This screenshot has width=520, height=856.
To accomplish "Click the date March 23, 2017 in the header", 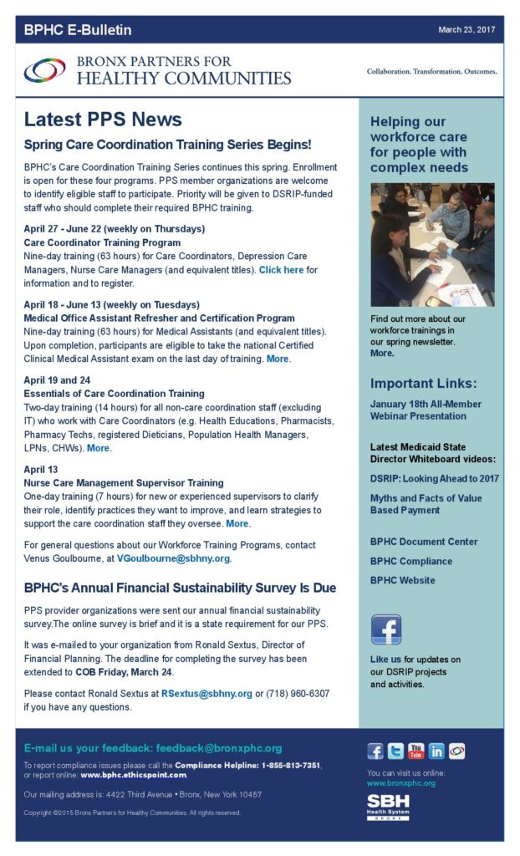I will click(x=466, y=30).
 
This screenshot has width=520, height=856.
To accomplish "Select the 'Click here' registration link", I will click(x=281, y=270).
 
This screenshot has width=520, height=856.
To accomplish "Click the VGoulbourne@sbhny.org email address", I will click(x=173, y=558).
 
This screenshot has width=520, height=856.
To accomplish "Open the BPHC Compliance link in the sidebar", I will click(x=411, y=561).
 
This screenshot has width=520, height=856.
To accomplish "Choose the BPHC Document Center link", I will click(x=424, y=542).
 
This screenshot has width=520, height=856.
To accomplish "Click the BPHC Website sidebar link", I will click(x=402, y=580).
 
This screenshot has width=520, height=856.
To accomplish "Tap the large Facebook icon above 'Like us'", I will click(x=386, y=629).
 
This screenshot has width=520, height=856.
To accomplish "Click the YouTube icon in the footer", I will click(x=415, y=751).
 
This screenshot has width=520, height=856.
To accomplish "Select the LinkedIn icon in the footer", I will click(x=436, y=751).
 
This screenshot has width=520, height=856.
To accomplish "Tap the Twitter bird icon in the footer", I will click(x=395, y=751).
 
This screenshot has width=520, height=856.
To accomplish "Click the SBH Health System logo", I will click(x=388, y=807).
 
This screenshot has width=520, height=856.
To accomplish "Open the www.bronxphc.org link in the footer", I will click(x=400, y=783).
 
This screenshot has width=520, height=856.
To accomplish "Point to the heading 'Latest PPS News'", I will click(x=103, y=120).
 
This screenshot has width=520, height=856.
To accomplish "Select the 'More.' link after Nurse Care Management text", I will click(x=238, y=523).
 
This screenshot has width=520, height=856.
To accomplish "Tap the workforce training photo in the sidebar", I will click(x=432, y=245).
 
